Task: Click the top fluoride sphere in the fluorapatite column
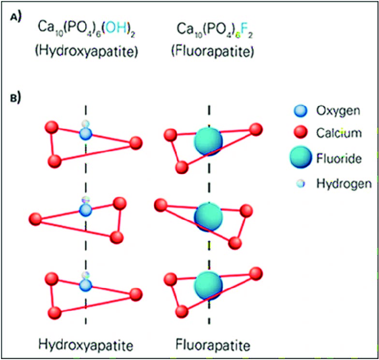209,141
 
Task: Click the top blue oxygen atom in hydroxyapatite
86,133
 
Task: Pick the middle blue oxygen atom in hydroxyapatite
86,210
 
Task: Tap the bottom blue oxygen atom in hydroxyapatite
86,284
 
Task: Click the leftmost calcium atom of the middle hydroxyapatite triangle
35,218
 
